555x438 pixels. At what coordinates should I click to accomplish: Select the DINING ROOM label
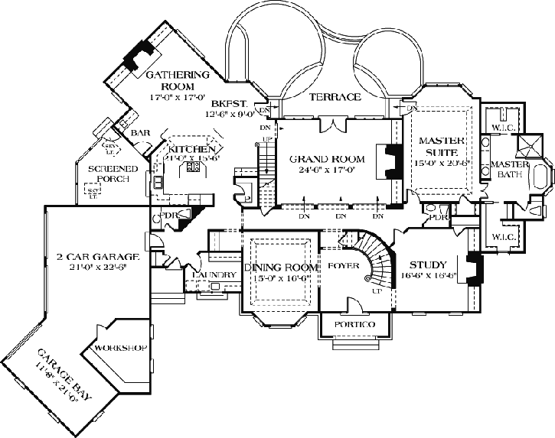280,268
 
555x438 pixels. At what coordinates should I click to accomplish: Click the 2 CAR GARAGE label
96,256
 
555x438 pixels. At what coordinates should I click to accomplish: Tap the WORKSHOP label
120,349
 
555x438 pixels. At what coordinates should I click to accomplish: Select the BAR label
140,132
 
